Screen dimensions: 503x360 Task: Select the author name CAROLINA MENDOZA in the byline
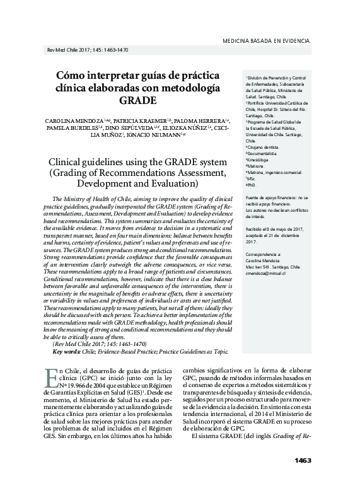(x=65, y=119)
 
